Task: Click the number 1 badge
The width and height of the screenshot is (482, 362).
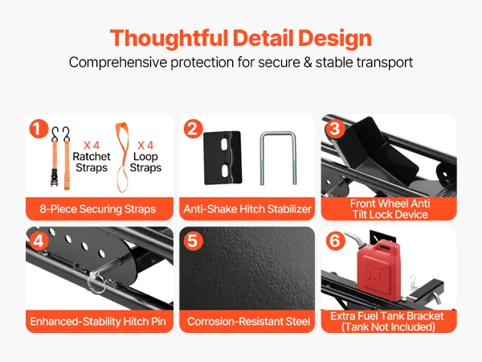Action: point(39,129)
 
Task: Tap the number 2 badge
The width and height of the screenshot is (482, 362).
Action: point(193,129)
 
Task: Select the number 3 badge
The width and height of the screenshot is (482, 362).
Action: point(335,129)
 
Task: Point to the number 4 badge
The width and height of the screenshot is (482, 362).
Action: point(39,241)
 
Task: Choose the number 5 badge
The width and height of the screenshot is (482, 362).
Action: point(193,241)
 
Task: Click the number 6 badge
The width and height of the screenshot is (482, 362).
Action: point(335,241)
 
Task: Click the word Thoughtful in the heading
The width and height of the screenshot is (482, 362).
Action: point(169,39)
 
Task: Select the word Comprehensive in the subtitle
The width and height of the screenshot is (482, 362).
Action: point(118,62)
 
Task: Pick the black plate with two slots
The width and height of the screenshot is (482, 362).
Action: point(223,158)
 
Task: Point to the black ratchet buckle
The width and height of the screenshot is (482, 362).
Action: point(55,177)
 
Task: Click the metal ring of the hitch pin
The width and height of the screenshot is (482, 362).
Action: point(96,285)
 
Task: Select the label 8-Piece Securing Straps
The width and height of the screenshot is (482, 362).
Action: point(98,209)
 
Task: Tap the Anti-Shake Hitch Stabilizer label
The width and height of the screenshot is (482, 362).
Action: point(247,209)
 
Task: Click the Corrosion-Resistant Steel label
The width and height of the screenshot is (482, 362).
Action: point(248,321)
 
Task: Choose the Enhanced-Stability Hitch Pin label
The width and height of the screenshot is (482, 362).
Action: point(98,321)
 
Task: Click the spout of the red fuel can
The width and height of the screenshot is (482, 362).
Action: point(353,239)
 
